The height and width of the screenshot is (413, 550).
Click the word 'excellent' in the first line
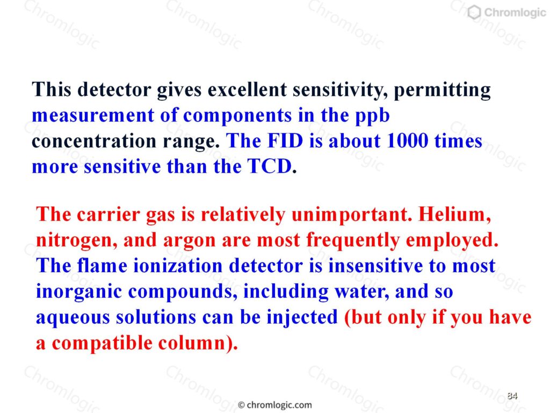pos(247,90)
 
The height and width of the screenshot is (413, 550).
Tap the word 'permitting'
pos(442,90)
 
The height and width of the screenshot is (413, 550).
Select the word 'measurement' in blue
pos(93,116)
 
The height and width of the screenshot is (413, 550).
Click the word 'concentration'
pos(94,141)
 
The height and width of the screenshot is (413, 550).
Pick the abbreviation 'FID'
pos(285,141)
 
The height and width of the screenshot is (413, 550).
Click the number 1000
pos(407,141)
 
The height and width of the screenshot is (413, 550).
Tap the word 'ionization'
pos(178,266)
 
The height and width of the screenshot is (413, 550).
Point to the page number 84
pos(512,396)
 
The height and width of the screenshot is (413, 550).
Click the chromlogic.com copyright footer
pos(274,405)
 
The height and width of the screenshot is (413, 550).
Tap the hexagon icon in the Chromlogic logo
pos(474,12)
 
